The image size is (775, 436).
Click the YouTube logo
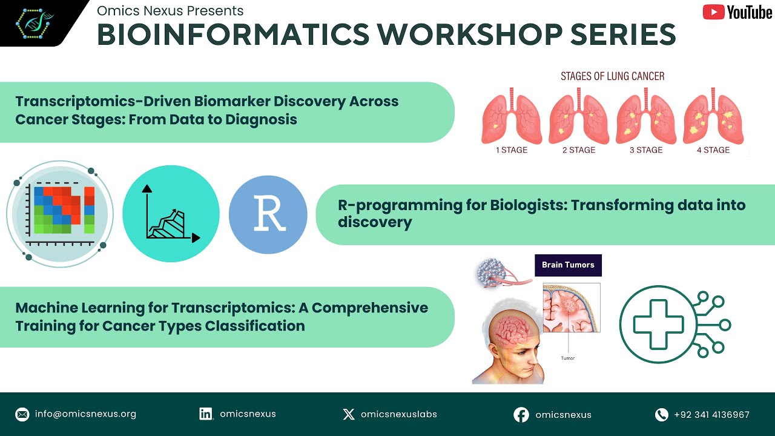pos(737,12)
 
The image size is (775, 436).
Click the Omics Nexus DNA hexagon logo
pos(34,22)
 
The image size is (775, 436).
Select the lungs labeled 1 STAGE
pos(511,116)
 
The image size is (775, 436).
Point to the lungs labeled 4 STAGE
pos(713,116)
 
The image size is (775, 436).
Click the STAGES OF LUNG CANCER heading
pos(612,76)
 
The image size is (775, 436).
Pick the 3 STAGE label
pos(645,150)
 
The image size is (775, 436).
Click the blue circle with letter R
pos(268,214)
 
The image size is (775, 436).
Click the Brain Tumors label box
pos(568,265)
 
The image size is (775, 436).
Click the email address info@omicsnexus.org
pos(85,414)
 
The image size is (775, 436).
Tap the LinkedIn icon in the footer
pos(206,414)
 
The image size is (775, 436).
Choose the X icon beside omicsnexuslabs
pos(349,414)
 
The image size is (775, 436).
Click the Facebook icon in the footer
pos(521,415)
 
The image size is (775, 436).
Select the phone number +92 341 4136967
pos(711,415)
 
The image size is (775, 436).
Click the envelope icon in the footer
pos(22,415)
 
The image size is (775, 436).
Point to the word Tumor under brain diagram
pos(567,358)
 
